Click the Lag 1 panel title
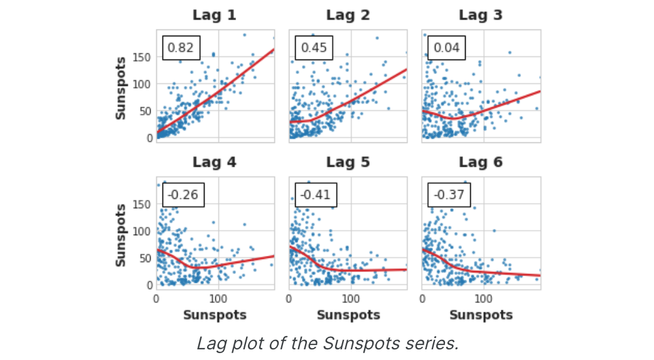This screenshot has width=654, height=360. coord(215,15)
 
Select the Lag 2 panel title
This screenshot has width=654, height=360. coord(348,15)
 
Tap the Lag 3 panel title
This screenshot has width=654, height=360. coord(481,15)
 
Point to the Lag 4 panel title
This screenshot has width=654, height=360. coord(215,162)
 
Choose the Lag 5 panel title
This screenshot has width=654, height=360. coord(348,162)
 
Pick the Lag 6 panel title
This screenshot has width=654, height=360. coord(481,162)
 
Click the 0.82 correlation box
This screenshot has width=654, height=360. coord(181,48)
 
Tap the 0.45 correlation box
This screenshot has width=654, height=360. coord(314,48)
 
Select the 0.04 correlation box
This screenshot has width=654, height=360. coord(447,48)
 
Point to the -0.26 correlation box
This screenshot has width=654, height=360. coord(183,195)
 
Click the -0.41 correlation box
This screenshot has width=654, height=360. coord(316,195)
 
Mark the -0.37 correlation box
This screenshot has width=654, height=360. coord(449,195)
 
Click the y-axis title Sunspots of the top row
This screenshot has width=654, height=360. coord(121,88)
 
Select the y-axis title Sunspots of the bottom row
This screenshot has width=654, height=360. coord(121,235)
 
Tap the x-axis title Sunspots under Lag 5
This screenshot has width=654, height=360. coord(348,315)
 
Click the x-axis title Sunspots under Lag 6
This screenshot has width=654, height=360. coord(481,315)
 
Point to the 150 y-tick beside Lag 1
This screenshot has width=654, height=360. coord(144,57)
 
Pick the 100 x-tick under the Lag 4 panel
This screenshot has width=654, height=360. coord(218,300)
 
